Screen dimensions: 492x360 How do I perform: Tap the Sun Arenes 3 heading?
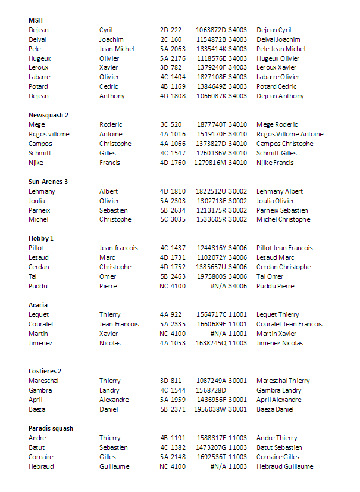point(48,182)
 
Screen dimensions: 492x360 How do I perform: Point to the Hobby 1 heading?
point(41,238)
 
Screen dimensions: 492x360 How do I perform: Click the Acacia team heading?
point(38,305)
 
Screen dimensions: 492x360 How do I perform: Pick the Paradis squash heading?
point(51,428)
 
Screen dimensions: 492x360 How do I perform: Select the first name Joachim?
point(111,39)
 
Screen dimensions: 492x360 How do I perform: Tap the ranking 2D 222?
point(171,30)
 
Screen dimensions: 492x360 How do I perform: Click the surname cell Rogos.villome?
point(49,134)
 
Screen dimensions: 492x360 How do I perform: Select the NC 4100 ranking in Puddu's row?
point(173,286)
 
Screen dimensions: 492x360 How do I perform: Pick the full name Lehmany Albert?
point(280,191)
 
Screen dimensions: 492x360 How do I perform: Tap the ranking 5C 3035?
point(173,219)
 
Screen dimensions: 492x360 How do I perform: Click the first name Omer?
point(108,276)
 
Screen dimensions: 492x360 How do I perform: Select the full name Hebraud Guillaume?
point(284,466)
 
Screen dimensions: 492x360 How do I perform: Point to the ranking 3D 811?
point(171,381)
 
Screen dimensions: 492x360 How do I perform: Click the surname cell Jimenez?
point(40,343)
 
